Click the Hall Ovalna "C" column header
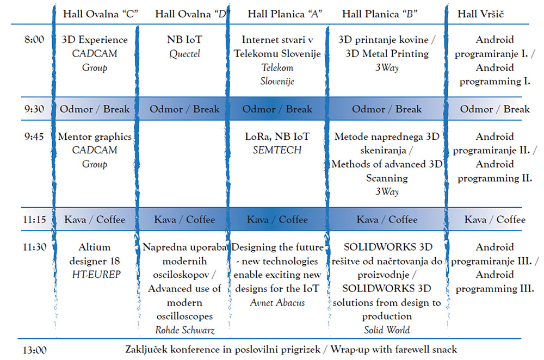point(101,14)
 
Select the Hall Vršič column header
point(480,14)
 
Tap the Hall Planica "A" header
point(285,14)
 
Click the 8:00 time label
point(34,40)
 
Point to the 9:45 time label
point(34,136)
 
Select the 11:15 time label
point(34,219)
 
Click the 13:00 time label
point(34,350)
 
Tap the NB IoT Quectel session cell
point(184,46)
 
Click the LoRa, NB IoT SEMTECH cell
point(277,143)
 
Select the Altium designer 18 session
point(95,261)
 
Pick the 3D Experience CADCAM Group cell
point(95,53)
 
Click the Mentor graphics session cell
point(95,150)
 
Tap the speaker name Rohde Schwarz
point(184,330)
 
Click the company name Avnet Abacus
point(277,302)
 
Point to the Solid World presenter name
point(387,330)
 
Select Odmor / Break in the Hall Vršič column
point(494,109)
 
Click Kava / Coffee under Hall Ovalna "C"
point(95,219)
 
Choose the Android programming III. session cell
point(494,268)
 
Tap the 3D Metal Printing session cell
point(387,53)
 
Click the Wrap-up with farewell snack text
point(393,349)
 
